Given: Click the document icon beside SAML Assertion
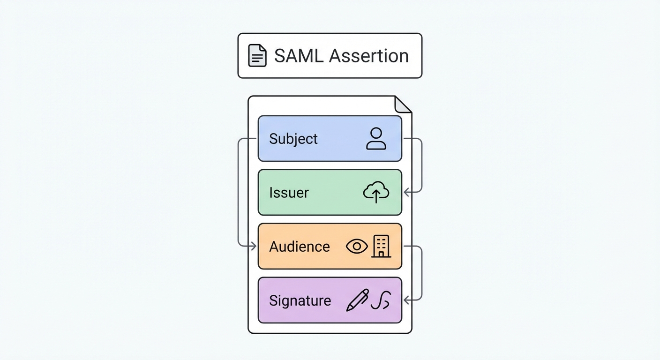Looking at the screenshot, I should (257, 56).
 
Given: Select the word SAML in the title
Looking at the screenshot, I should (298, 56).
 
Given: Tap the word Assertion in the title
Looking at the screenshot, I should (368, 56).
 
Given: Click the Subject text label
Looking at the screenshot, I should (293, 139).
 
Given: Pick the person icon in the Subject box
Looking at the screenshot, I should (376, 139).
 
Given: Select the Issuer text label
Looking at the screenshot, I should (289, 193).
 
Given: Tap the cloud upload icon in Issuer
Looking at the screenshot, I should (376, 193).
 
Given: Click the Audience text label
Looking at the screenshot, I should (299, 247).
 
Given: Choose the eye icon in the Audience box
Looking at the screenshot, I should (357, 247).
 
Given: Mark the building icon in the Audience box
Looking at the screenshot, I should (381, 247).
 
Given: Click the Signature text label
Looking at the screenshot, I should (300, 300).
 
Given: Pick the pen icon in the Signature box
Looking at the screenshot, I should (357, 300).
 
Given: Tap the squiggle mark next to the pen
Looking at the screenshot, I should (381, 300).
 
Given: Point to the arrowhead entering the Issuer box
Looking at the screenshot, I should (406, 192).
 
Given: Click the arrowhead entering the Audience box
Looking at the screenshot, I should (254, 246).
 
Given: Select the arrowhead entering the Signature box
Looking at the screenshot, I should (406, 300).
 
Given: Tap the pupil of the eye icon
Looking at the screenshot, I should (357, 247).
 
